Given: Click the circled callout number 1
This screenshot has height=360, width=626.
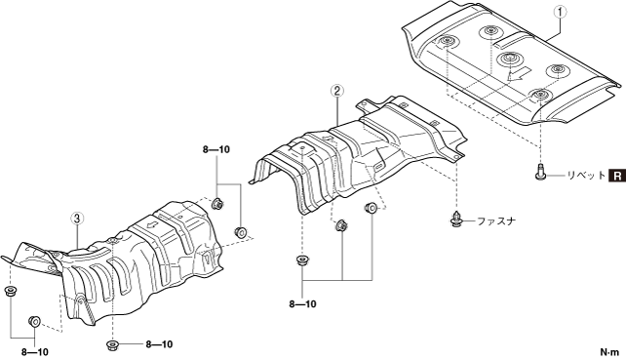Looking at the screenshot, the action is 560,13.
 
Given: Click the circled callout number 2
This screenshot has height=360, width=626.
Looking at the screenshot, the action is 337,92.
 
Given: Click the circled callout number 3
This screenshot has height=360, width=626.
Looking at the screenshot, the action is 77,219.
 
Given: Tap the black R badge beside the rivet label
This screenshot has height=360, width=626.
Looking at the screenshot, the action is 617,176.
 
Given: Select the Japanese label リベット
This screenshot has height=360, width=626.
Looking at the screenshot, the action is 586,176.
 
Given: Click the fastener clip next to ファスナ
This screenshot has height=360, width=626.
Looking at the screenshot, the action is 456,220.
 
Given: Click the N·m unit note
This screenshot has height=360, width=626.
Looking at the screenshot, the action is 609,352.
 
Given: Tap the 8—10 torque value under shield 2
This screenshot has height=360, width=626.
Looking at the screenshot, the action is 302,304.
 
